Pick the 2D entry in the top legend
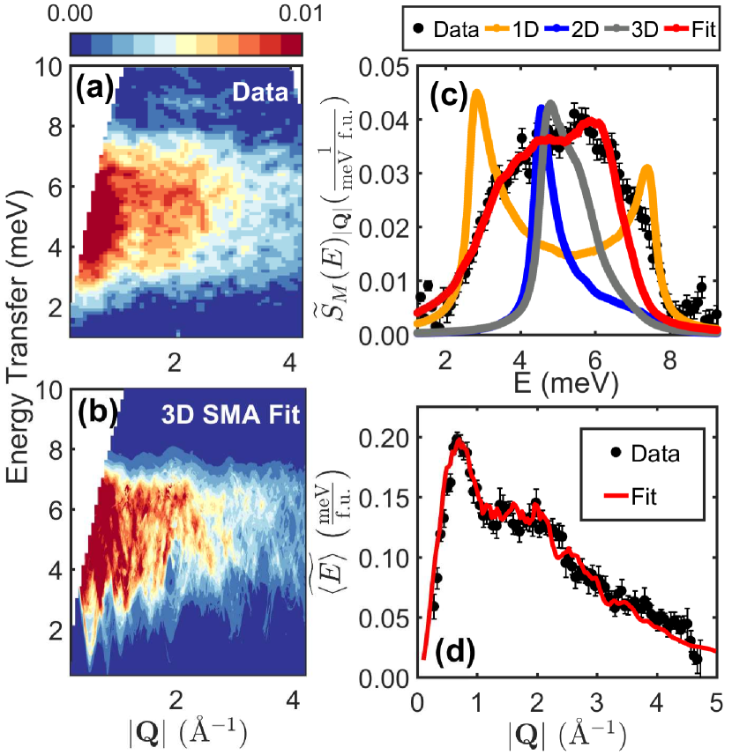click(x=595, y=29)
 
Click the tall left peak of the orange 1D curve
click(x=478, y=92)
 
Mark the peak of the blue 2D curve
click(x=541, y=107)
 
